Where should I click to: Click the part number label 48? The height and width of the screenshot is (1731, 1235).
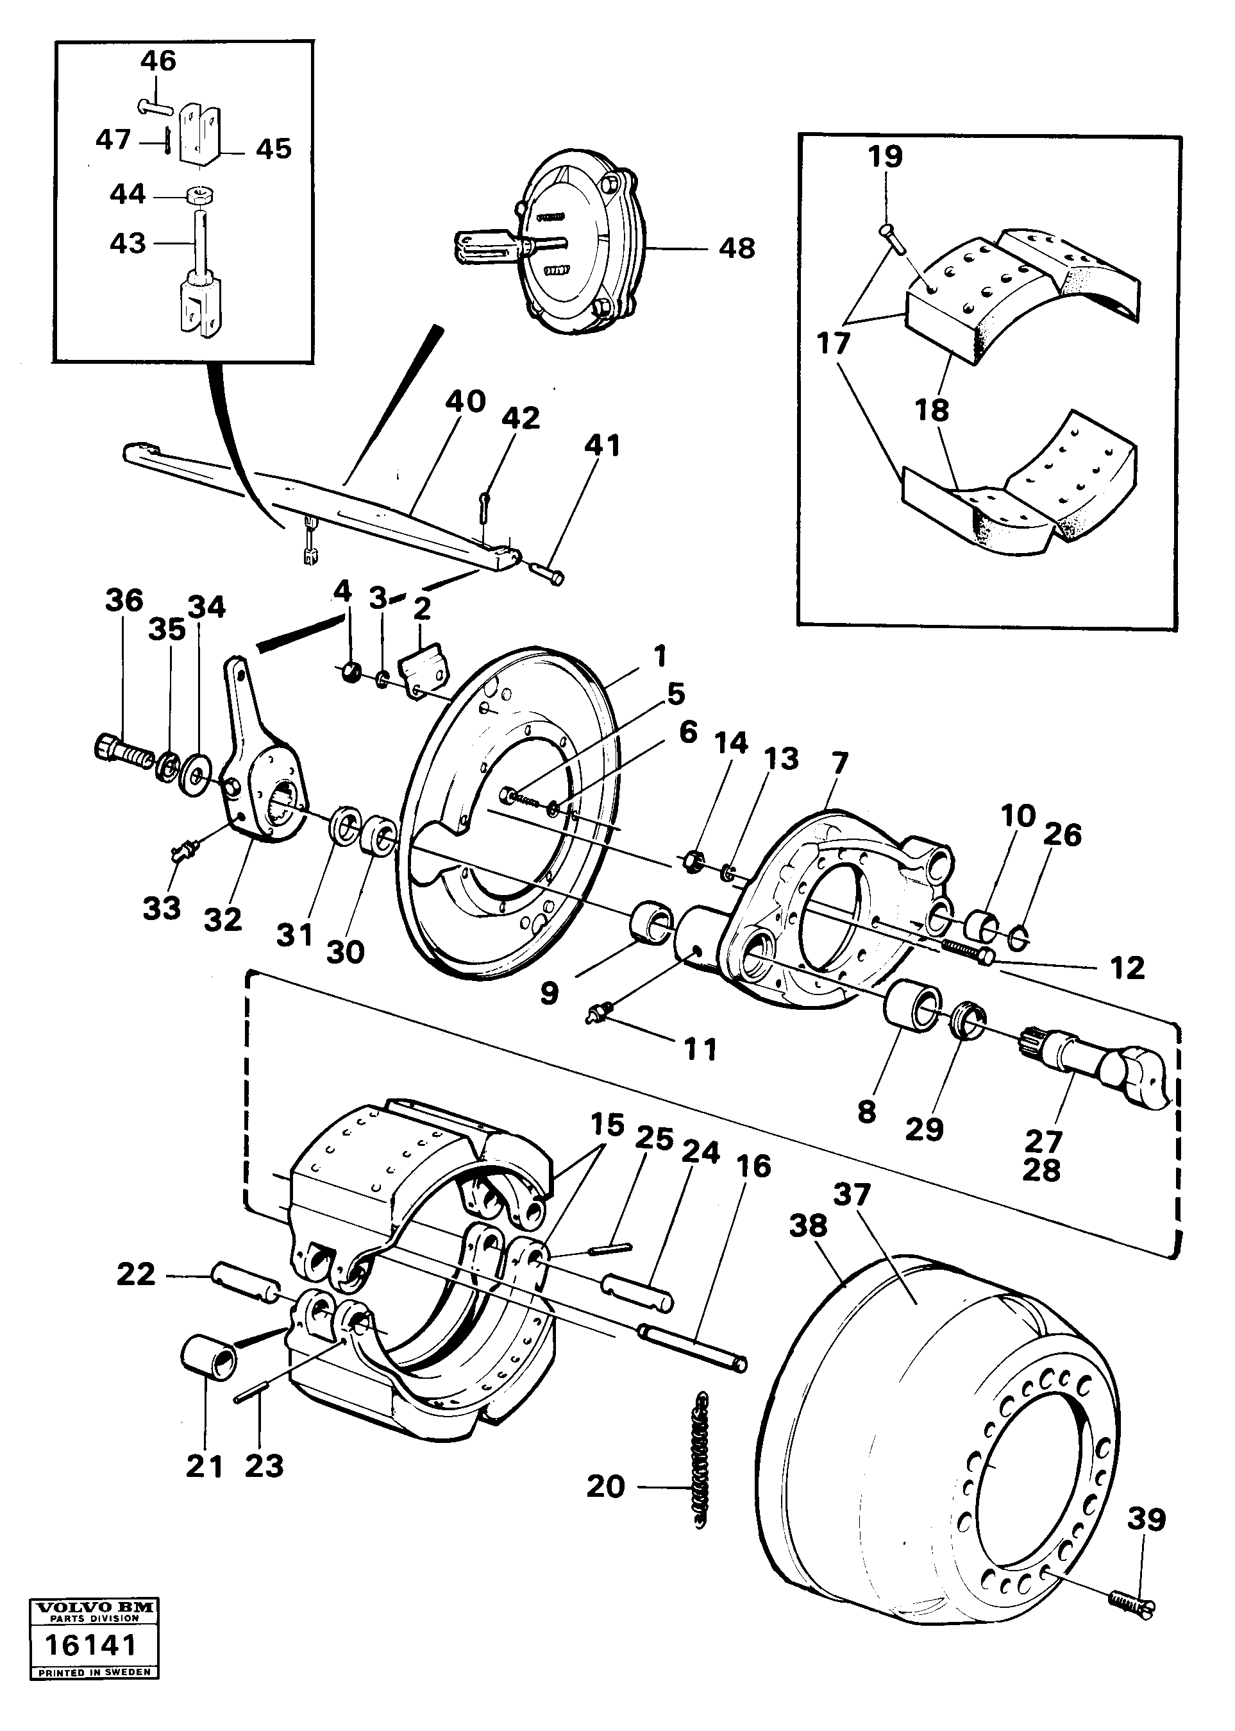736,248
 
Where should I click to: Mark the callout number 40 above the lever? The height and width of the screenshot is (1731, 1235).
466,402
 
